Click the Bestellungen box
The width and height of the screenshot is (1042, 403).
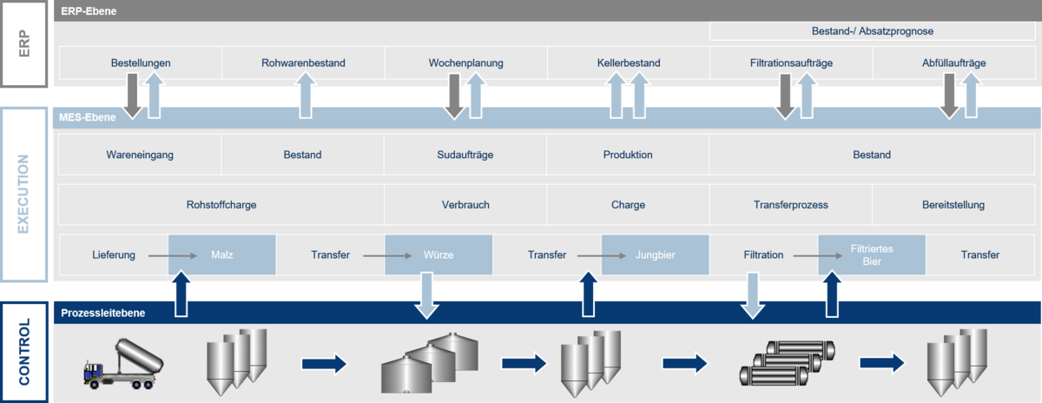141,63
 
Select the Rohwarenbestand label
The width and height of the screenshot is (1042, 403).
303,63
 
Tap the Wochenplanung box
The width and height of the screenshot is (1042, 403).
466,63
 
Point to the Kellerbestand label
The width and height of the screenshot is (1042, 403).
629,63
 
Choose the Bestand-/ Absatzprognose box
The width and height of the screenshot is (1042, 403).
872,31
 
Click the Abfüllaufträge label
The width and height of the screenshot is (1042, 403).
953,63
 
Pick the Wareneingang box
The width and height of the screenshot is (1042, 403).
140,155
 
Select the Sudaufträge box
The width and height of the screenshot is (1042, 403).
465,155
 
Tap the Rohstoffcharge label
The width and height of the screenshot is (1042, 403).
221,205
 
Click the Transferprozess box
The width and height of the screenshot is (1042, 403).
791,205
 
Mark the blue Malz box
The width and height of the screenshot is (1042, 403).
222,254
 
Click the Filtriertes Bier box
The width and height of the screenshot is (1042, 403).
872,254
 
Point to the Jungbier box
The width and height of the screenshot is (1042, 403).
655,254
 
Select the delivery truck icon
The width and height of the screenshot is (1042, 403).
123,363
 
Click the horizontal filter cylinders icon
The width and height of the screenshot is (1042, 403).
787,363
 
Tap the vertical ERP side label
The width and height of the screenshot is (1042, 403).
23,43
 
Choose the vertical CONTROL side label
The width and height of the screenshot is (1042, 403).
23,352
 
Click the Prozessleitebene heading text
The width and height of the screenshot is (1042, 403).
102,313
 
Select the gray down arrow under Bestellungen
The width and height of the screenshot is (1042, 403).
133,96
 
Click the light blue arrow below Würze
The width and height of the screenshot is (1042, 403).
426,295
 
